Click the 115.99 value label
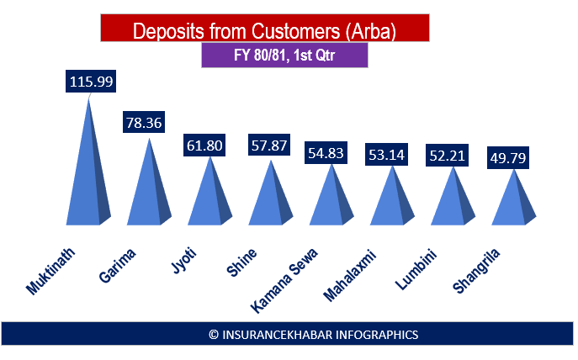click(90, 82)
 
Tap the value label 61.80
click(204, 146)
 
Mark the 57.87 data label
click(270, 145)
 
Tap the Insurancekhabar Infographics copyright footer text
click(313, 334)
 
